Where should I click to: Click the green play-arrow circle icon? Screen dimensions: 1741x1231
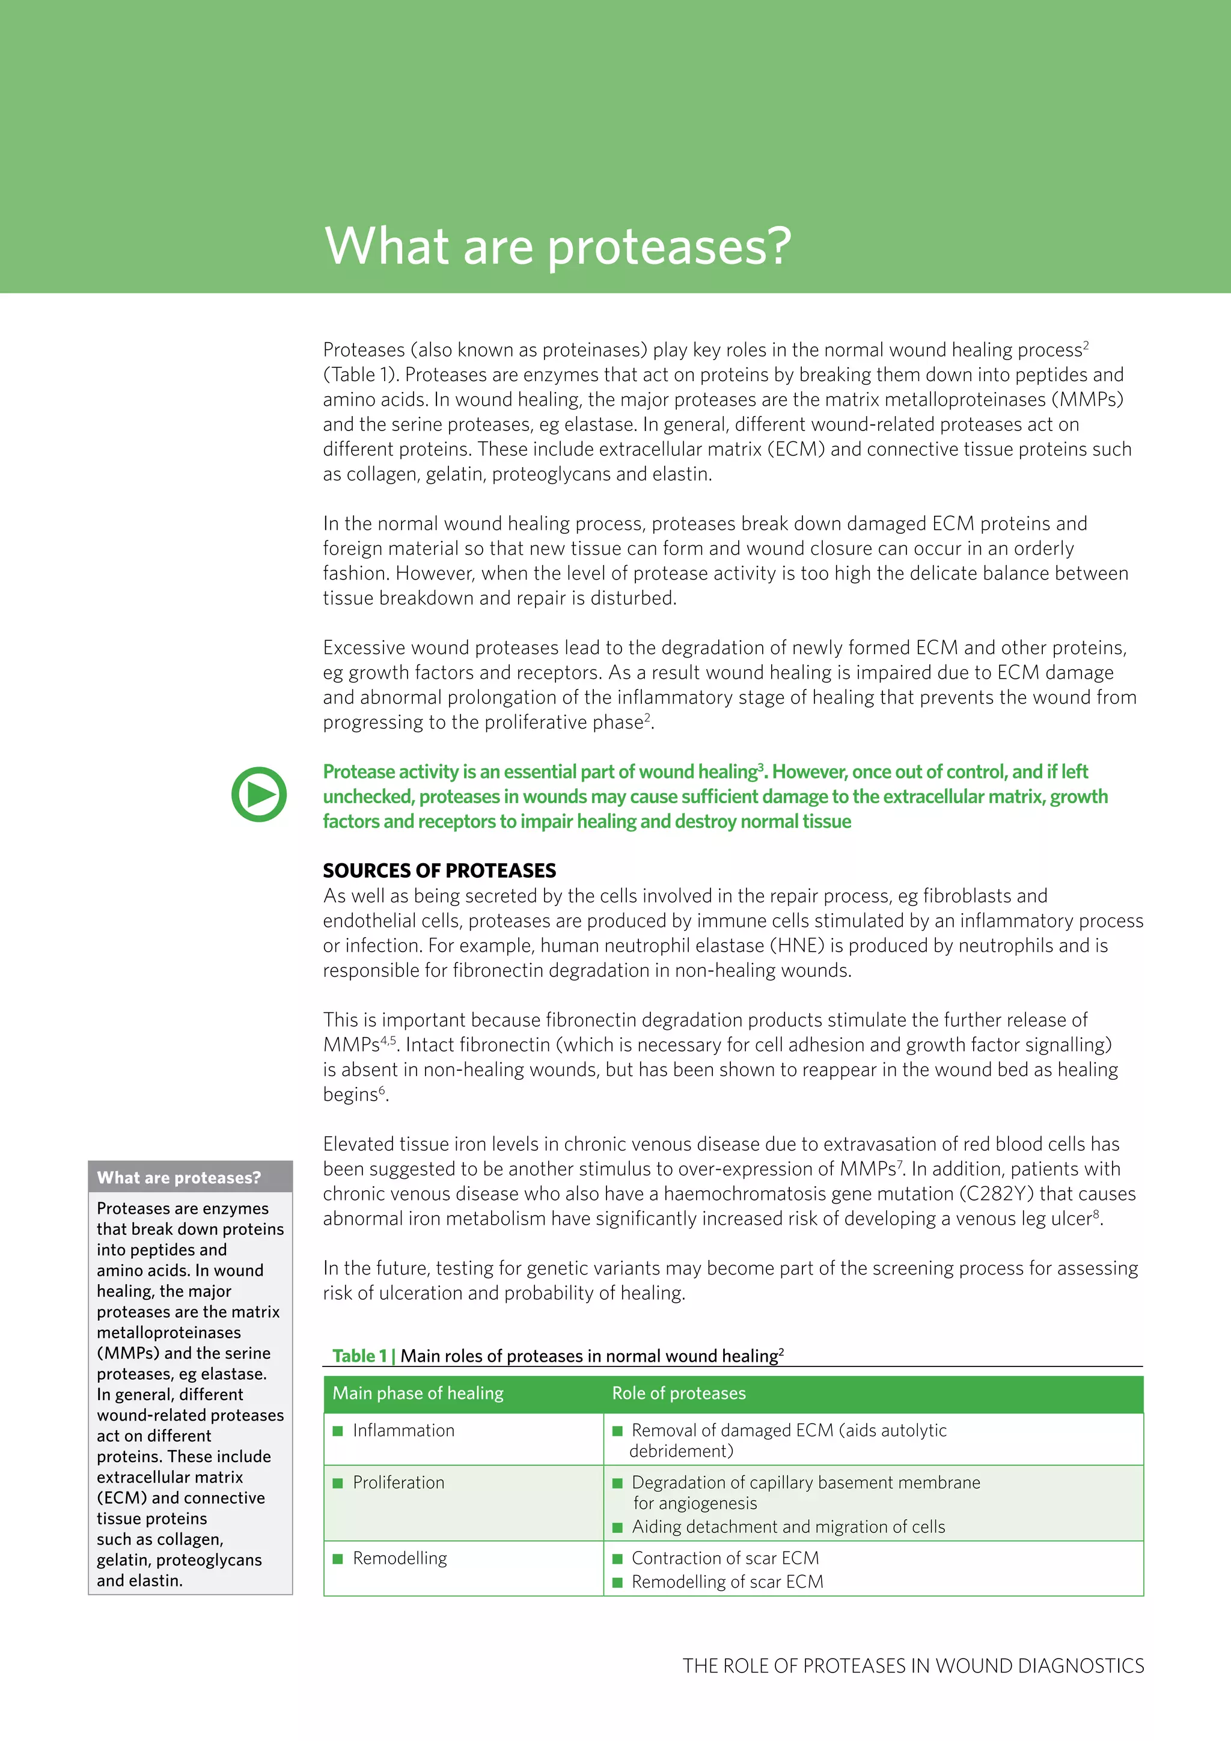tap(258, 795)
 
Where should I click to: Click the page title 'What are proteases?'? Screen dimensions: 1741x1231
tap(557, 246)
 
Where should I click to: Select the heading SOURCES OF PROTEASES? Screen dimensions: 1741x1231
tap(439, 870)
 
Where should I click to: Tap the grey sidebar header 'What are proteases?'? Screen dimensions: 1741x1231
tap(179, 1178)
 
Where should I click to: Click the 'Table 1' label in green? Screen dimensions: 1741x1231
tap(360, 1356)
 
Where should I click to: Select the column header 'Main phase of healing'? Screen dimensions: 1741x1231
tap(418, 1393)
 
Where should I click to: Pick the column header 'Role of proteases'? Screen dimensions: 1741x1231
tap(679, 1393)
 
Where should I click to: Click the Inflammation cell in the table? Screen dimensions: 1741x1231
tap(403, 1430)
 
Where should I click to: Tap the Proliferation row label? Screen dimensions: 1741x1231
tap(399, 1482)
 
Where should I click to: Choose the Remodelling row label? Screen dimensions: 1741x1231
tap(400, 1558)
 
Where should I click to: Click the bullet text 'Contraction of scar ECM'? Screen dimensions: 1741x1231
tap(725, 1558)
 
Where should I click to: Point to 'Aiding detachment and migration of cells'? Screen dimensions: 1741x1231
tap(789, 1526)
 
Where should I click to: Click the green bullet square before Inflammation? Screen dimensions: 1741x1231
tap(338, 1431)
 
